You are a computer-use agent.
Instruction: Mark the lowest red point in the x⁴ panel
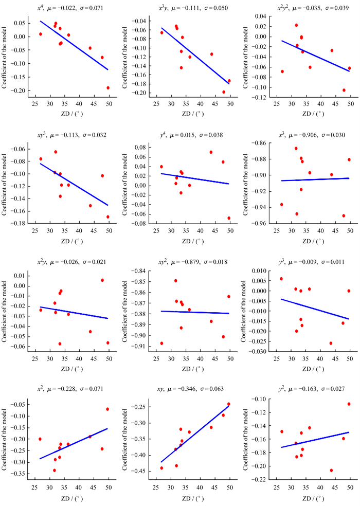108,88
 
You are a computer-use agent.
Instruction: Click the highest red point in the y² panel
349,404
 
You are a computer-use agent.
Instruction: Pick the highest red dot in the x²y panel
102,280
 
